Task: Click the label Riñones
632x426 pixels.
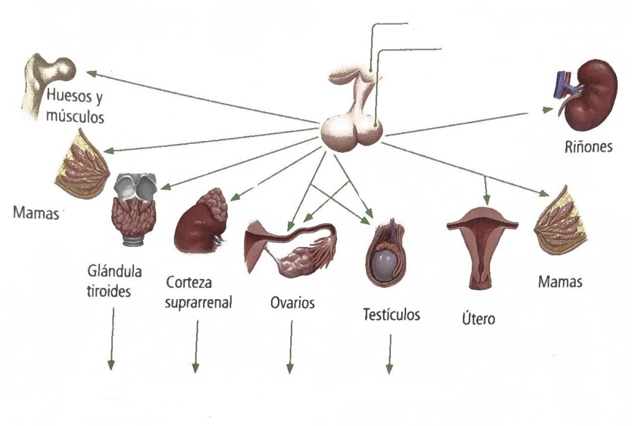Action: [x=588, y=147]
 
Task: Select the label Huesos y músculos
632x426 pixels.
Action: [x=75, y=106]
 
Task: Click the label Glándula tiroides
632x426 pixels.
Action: [x=114, y=281]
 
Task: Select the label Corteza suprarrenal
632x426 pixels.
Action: [x=198, y=292]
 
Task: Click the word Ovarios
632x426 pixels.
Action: [x=292, y=303]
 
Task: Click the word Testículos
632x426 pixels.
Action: [x=391, y=314]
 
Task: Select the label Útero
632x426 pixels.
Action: [x=478, y=318]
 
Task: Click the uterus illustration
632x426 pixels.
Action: [x=482, y=250]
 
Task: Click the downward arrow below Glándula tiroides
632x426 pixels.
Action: [x=112, y=339]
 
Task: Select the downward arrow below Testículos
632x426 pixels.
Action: [x=390, y=354]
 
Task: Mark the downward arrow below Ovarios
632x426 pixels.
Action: [x=290, y=346]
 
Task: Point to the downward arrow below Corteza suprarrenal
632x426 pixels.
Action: [x=196, y=346]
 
